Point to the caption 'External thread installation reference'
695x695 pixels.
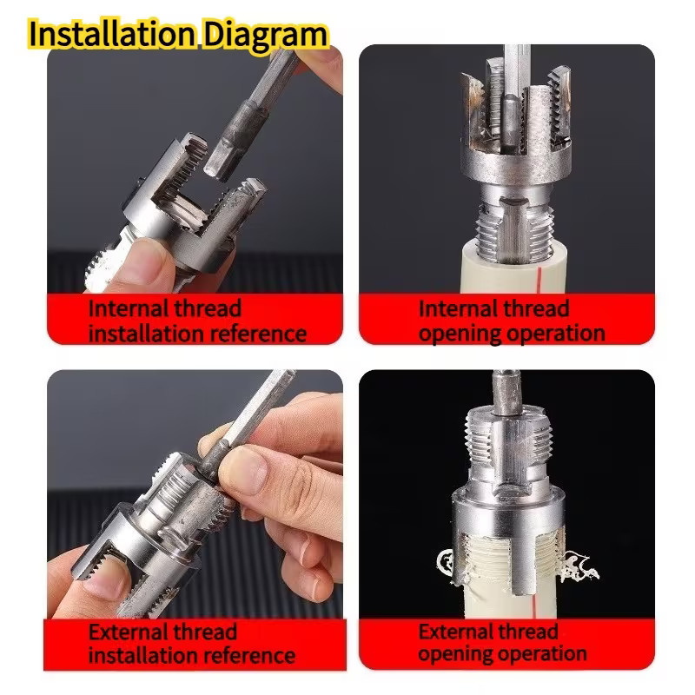(x=192, y=643)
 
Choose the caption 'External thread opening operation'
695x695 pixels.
(x=502, y=642)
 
